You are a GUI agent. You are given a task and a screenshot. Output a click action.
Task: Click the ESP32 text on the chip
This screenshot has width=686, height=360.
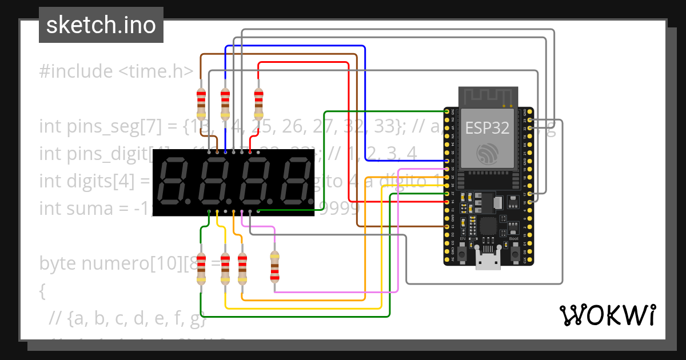pos(488,127)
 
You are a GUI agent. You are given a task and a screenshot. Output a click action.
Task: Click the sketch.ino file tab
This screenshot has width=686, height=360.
pos(101,25)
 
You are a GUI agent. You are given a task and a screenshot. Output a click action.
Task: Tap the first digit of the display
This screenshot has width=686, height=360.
pos(172,183)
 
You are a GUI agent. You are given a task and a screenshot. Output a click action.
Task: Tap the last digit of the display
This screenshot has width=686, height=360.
pos(296,183)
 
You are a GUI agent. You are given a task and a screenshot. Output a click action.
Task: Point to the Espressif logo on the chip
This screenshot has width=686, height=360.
pos(488,153)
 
